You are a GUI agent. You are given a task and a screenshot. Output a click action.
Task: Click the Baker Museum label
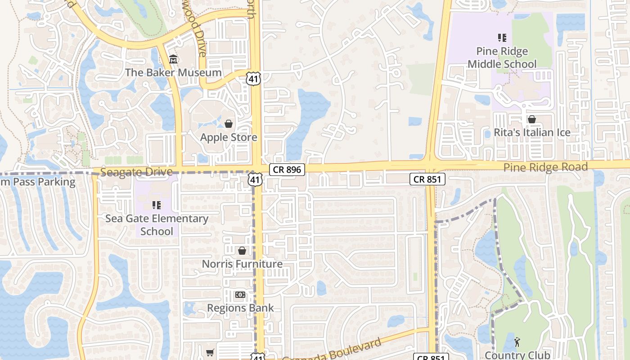(173, 72)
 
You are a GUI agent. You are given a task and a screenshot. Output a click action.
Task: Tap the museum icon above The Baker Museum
(173, 59)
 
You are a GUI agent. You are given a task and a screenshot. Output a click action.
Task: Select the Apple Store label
(229, 137)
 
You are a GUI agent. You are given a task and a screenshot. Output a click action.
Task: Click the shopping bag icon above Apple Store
(229, 124)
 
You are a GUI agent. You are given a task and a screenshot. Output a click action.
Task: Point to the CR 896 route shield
(288, 170)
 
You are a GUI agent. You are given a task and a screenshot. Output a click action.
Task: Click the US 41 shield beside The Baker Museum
(253, 79)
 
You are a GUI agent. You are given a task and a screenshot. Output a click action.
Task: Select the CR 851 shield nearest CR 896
(427, 180)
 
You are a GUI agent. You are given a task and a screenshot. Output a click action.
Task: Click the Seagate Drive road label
(136, 172)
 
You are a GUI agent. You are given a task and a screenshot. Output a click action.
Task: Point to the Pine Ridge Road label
(545, 167)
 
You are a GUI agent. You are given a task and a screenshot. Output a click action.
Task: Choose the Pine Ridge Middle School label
(502, 58)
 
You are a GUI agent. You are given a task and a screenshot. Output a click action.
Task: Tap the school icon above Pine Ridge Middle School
(502, 38)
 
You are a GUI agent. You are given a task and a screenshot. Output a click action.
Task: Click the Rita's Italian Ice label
(532, 133)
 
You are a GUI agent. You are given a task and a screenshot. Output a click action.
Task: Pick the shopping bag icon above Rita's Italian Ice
(532, 119)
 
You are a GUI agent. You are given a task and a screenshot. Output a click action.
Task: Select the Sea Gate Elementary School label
(157, 225)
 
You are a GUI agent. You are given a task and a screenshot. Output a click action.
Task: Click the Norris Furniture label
(242, 264)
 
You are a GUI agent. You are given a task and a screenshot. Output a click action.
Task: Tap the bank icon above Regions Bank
(240, 295)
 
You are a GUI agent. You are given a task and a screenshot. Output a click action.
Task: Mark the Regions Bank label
(240, 308)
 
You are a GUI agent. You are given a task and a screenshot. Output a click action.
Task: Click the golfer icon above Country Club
(517, 342)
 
